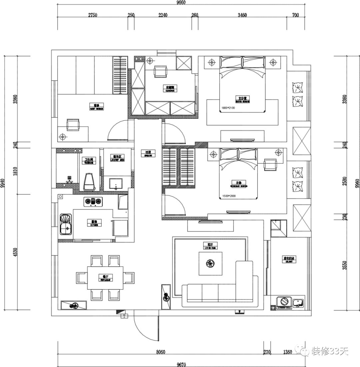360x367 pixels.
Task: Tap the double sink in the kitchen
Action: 66,225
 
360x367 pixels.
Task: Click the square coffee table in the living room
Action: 211,264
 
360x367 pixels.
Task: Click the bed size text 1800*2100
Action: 228,108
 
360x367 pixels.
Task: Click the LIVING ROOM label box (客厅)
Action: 210,246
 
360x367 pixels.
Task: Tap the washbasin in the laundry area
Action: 116,183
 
